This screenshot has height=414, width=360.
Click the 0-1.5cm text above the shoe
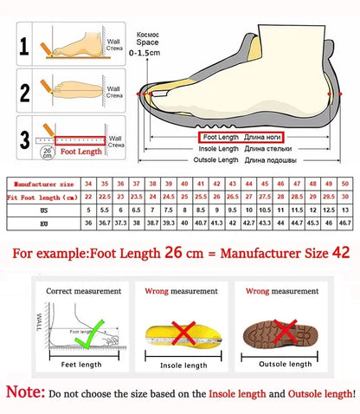[x=144, y=53]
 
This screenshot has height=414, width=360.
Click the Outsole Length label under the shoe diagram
[x=215, y=160]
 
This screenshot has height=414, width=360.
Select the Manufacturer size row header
[x=42, y=184]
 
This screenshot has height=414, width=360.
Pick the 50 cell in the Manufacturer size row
[x=344, y=184]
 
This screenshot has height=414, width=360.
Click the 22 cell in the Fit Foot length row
[x=87, y=197]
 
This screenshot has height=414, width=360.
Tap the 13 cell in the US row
[x=344, y=210]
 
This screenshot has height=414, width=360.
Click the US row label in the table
[x=42, y=210]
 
